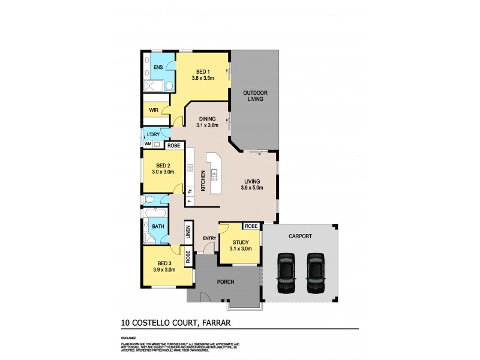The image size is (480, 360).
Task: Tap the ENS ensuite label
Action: [158, 67]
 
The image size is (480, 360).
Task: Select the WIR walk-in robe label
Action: [154, 110]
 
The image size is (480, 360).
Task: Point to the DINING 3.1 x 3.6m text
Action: [206, 122]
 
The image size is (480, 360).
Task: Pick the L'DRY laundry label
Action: [152, 134]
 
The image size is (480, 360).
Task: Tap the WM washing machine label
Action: [148, 145]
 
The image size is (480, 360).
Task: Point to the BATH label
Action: [158, 226]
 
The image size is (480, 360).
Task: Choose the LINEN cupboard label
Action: [188, 230]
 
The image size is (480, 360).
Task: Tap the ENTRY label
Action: [209, 239]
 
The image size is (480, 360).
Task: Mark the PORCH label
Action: [226, 281]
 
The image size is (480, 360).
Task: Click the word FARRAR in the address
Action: [217, 323]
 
